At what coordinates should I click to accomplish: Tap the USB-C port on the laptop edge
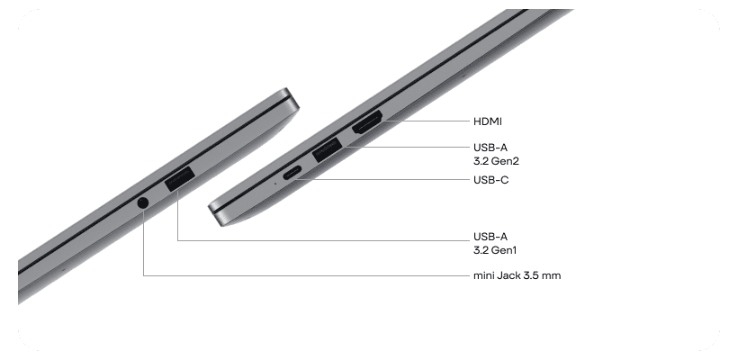coord(292,175)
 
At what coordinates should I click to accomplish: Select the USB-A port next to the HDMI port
coord(328,149)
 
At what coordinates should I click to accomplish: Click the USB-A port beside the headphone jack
coord(179,180)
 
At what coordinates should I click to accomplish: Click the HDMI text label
coord(487,121)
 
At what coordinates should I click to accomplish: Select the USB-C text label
coord(491,180)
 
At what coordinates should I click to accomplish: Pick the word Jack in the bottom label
coord(510,275)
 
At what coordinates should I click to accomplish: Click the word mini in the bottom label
coord(484,275)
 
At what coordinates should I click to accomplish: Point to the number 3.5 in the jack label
coord(533,275)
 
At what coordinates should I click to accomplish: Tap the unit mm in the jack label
coord(552,275)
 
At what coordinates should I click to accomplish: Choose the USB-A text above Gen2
coord(491,148)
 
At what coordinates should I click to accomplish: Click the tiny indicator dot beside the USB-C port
coord(274,182)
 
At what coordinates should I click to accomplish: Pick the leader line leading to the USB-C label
coord(387,179)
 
